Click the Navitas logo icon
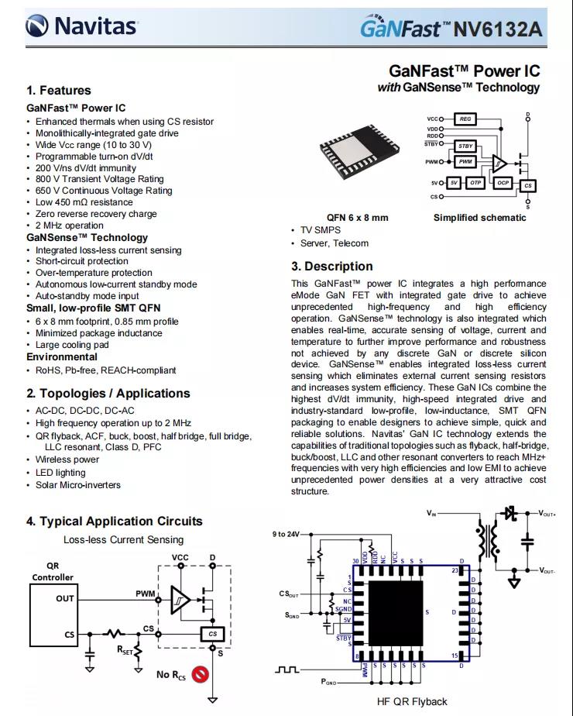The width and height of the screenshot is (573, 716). [38, 27]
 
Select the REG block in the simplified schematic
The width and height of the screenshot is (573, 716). [465, 119]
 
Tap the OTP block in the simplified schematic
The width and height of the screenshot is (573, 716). [476, 183]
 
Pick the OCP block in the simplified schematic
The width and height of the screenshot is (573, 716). [503, 183]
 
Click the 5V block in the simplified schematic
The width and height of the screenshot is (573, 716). [455, 183]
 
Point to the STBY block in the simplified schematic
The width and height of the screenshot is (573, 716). [465, 146]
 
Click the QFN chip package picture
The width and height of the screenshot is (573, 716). [357, 160]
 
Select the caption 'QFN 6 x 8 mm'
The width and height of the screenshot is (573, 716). [357, 218]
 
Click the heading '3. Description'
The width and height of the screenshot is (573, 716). [332, 266]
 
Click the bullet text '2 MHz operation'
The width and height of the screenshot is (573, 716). [69, 225]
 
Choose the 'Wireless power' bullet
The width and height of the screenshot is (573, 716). [67, 460]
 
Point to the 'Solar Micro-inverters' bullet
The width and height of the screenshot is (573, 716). [78, 485]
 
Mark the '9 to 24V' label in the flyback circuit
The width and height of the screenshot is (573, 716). [285, 535]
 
